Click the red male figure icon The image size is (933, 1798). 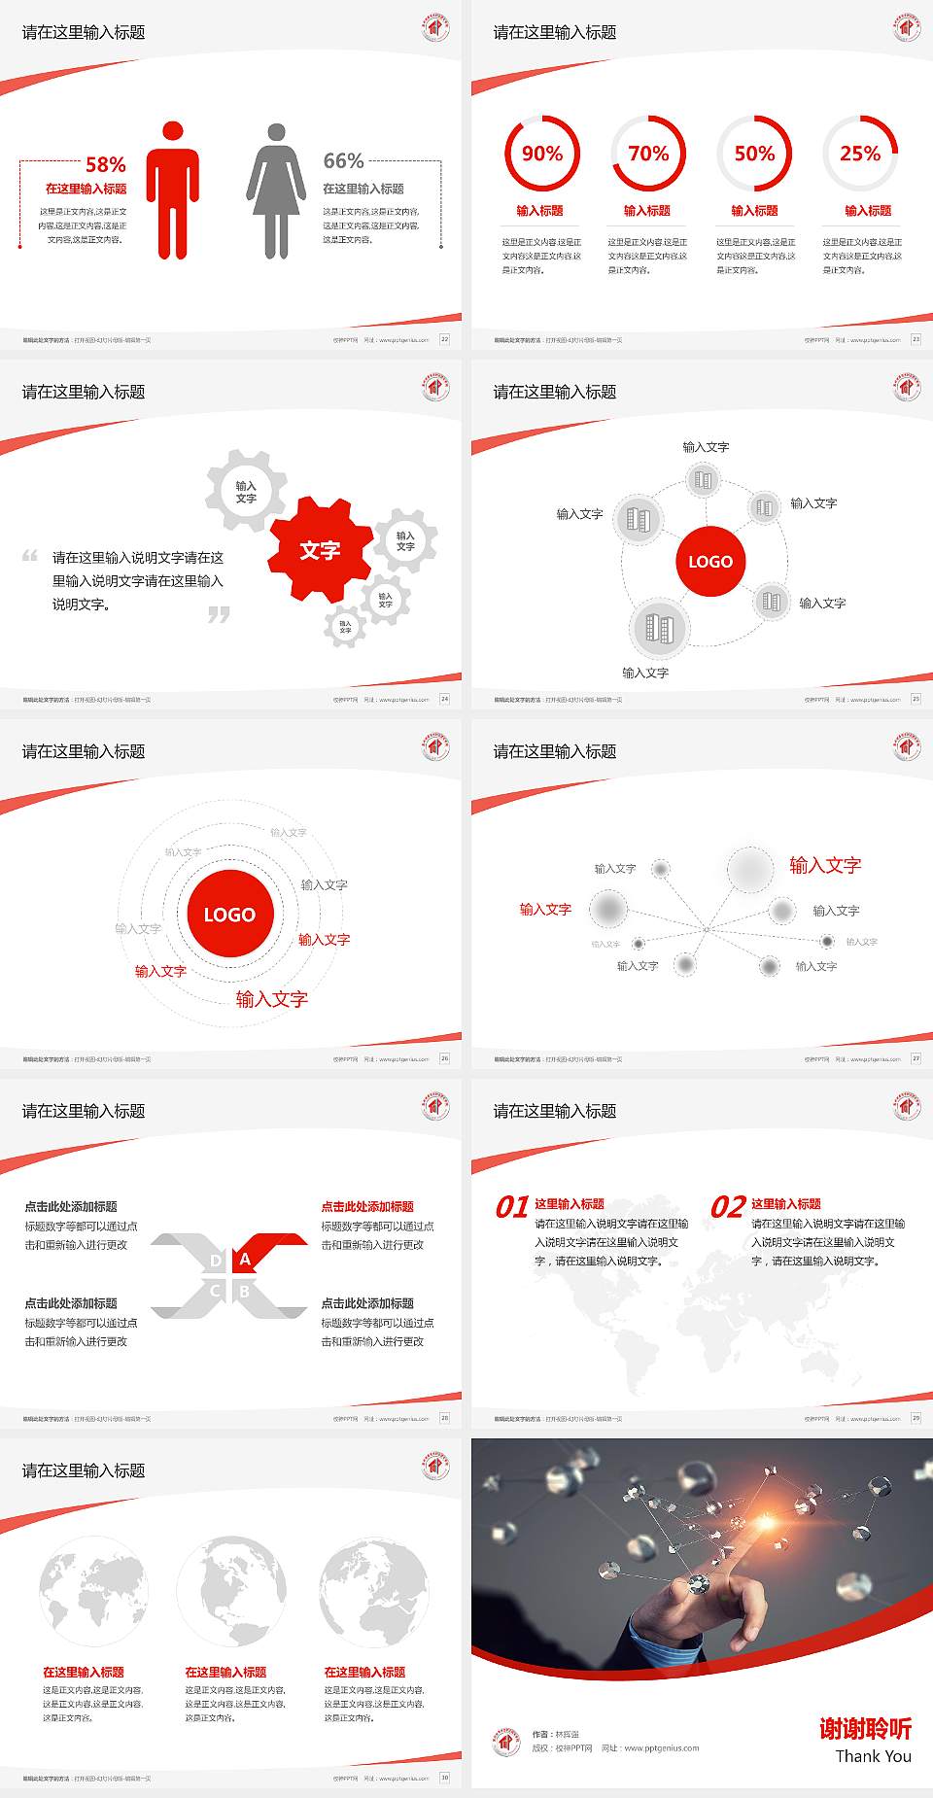click(173, 190)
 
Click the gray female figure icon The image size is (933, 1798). click(276, 190)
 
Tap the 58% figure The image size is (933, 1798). click(106, 165)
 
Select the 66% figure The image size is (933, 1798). click(343, 161)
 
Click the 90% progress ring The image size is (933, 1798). click(541, 154)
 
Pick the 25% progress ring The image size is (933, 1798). click(860, 154)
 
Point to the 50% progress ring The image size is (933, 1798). click(754, 154)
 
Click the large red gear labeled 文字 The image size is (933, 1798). click(320, 551)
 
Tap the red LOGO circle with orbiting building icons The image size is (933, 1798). click(710, 562)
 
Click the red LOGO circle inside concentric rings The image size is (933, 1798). click(229, 915)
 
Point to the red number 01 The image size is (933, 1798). click(512, 1207)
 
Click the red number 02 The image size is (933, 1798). click(728, 1207)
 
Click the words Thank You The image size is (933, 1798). click(873, 1756)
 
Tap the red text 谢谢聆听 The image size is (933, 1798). click(865, 1728)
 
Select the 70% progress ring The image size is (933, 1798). click(648, 154)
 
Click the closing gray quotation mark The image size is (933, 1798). click(219, 615)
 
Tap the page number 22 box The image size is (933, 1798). click(445, 339)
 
